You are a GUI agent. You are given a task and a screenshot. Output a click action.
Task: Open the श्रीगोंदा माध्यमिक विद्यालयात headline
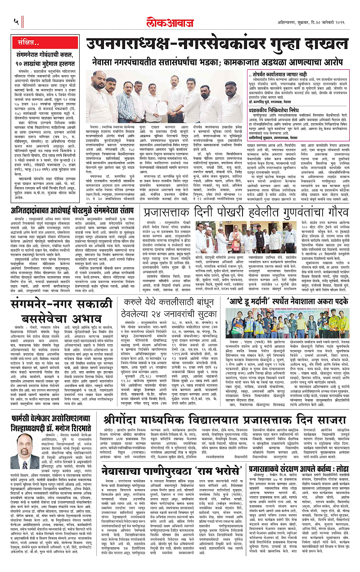(180, 413)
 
